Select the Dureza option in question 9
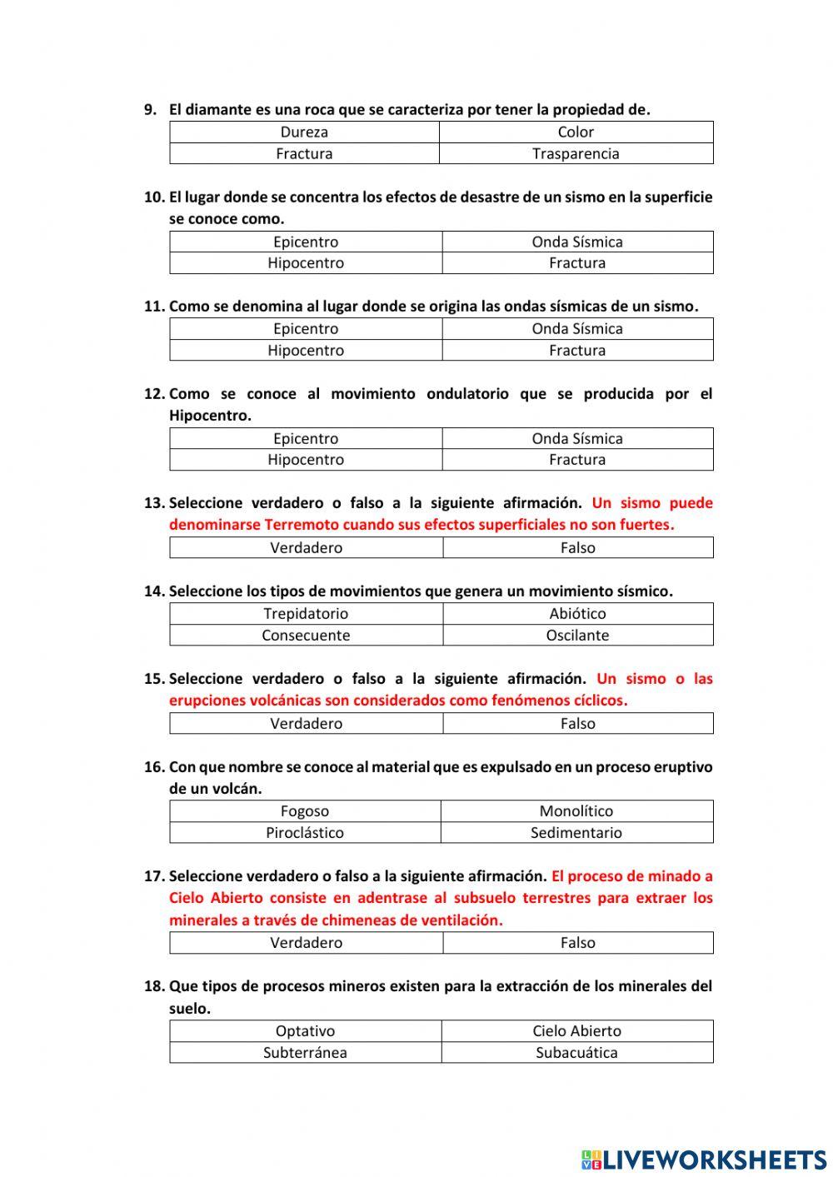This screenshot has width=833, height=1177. click(304, 132)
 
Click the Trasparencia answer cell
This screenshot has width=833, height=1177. click(576, 153)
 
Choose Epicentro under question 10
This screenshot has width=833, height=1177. click(306, 242)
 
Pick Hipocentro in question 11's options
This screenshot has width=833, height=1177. click(306, 350)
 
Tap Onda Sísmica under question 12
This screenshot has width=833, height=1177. click(577, 438)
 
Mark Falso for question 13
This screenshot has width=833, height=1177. click(577, 547)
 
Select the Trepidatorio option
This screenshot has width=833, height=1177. click(306, 613)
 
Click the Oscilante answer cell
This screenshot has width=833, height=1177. click(577, 635)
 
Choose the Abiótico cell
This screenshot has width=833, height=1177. click(577, 613)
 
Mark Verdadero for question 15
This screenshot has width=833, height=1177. click(306, 723)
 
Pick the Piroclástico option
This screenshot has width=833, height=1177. click(305, 832)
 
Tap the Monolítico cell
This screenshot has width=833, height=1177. click(576, 810)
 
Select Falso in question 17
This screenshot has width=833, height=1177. click(577, 942)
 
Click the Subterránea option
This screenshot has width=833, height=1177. click(305, 1052)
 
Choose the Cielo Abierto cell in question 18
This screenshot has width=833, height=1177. click(576, 1030)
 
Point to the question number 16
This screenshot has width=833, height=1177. click(154, 767)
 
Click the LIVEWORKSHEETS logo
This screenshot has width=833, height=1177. click(704, 1159)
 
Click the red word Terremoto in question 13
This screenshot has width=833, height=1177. click(302, 525)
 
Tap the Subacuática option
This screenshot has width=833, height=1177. click(576, 1052)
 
